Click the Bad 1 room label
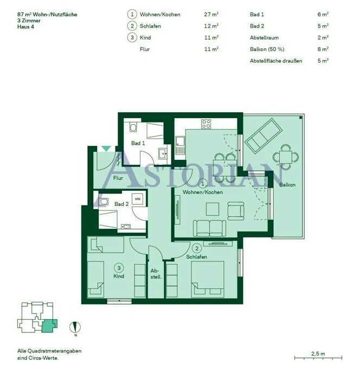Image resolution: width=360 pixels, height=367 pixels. (x=138, y=143)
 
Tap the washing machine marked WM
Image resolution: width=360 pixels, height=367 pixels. (x=138, y=199)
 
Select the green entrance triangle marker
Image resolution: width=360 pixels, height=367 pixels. (x=106, y=149)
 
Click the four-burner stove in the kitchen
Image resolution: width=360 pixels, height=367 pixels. (x=206, y=124)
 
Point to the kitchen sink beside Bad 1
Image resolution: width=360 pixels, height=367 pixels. (x=180, y=145)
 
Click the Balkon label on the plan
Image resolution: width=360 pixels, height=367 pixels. (x=287, y=185)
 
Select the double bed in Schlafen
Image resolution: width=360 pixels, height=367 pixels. (x=208, y=280)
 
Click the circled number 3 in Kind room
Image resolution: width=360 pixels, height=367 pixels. (x=119, y=268)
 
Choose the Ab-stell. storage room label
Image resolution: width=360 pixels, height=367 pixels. (x=156, y=274)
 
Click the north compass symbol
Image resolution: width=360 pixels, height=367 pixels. (x=75, y=327)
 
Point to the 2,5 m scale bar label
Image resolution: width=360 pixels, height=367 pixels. (x=318, y=353)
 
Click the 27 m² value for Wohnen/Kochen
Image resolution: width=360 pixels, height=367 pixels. (x=211, y=14)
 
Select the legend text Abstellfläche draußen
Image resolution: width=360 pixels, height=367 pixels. (x=276, y=61)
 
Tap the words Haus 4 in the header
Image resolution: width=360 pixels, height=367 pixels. (x=25, y=27)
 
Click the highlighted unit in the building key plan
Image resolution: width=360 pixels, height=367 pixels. (x=49, y=326)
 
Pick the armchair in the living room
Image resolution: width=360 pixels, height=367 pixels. (x=236, y=211)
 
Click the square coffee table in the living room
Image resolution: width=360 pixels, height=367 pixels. (x=213, y=209)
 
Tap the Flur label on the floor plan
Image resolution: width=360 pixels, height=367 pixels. (x=118, y=178)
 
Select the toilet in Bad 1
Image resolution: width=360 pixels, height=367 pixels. (x=133, y=127)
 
